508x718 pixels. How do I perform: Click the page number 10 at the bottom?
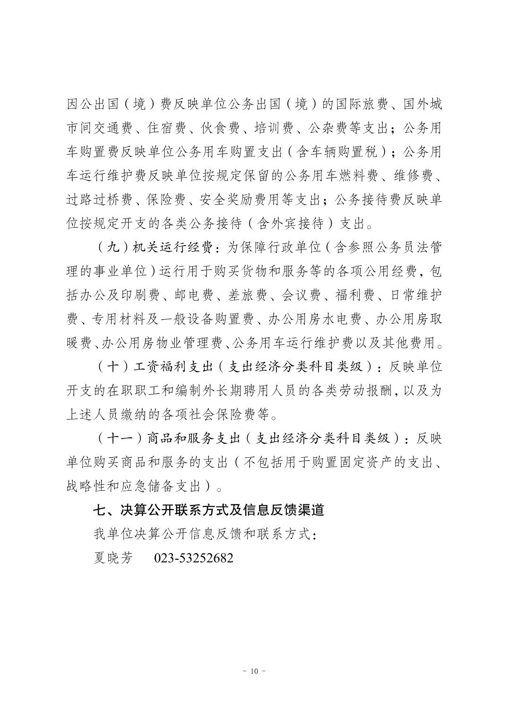pos(254,671)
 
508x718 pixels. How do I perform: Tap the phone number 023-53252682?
pos(194,558)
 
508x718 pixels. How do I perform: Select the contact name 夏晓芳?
pos(112,558)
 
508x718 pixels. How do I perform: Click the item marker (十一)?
pos(119,438)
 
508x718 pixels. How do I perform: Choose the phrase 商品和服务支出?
pos(194,438)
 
